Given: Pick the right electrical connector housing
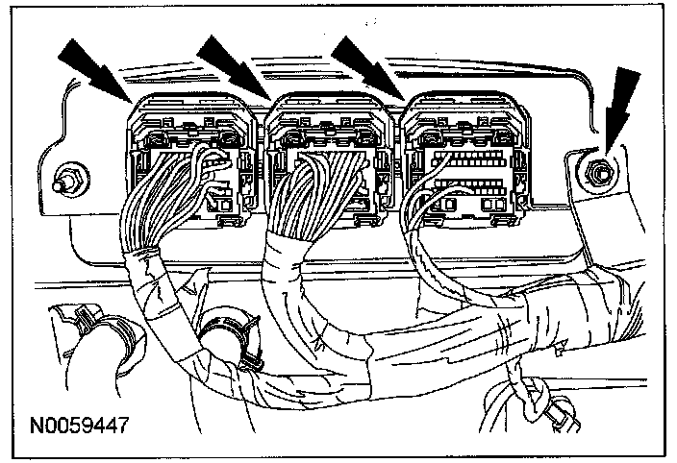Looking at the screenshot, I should [465, 154].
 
